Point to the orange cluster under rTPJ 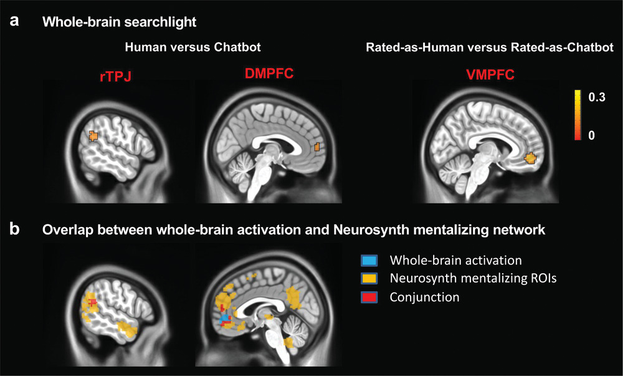point(93,135)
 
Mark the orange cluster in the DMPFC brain point(316,147)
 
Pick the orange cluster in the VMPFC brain point(531,158)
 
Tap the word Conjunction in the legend point(424,297)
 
